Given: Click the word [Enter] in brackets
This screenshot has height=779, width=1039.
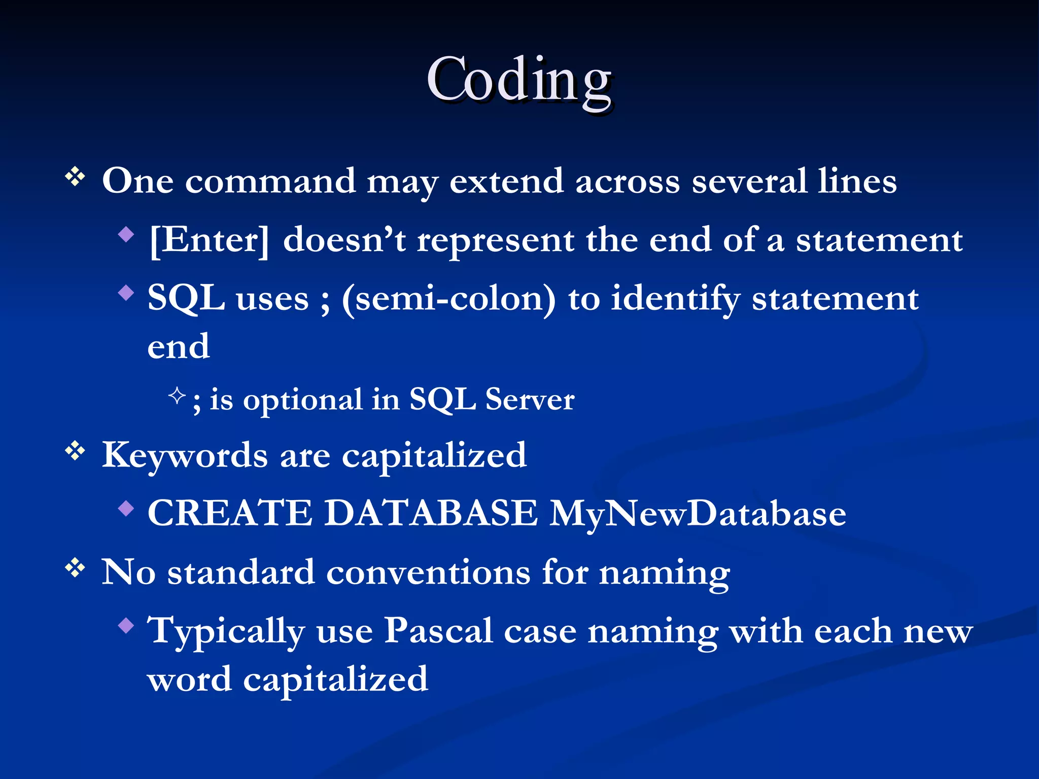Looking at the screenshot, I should [209, 240].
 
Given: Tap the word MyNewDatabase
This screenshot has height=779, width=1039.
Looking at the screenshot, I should [698, 513].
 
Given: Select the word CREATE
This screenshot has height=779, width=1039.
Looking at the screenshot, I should [230, 513].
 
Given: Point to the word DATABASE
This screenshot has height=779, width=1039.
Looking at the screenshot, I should [431, 513].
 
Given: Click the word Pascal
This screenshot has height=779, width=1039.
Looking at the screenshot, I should [438, 631].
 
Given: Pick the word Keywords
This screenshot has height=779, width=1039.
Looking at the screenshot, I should [185, 455].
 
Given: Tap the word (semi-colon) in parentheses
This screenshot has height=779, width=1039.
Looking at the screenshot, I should [448, 299].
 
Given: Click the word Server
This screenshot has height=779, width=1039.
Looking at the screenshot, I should [530, 399].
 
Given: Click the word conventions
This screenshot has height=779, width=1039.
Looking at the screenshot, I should [428, 573].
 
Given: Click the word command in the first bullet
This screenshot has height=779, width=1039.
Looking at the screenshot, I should [270, 181].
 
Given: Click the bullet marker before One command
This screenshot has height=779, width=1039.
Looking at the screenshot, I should [75, 177].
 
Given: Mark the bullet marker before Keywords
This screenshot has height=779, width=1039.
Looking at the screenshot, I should [75, 450].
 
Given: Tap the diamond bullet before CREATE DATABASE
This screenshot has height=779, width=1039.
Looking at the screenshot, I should [126, 508].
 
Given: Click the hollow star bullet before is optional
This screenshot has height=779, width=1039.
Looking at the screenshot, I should [177, 395].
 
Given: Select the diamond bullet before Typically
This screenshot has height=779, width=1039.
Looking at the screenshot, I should [126, 626].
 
